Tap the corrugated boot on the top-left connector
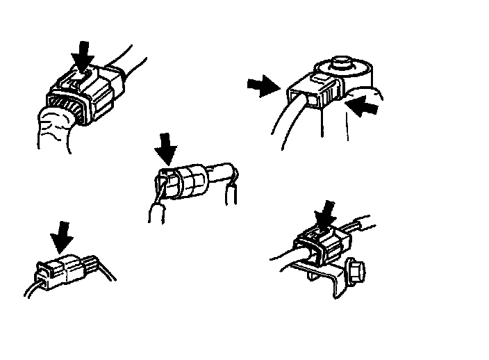point(66,111)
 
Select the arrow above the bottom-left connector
point(63,236)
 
